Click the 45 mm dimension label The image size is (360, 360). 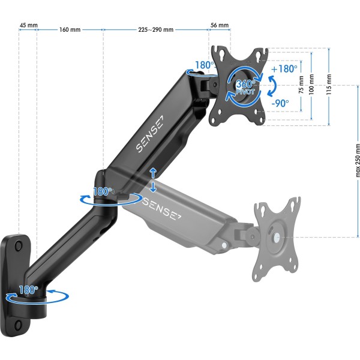pyautogui.click(x=28, y=25)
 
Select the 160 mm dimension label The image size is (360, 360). pyautogui.click(x=70, y=29)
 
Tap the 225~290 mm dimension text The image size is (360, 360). pyautogui.click(x=156, y=29)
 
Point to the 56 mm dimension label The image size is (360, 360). pyautogui.click(x=220, y=25)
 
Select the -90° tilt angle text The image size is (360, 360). pyautogui.click(x=280, y=103)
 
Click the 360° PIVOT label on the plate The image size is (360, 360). pyautogui.click(x=246, y=88)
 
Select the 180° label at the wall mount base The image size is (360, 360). pyautogui.click(x=28, y=289)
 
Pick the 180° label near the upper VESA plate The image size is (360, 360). pyautogui.click(x=204, y=65)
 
